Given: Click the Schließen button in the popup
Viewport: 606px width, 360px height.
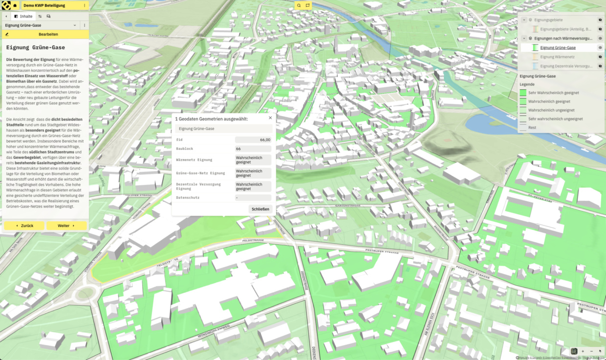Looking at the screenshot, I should click(260, 209).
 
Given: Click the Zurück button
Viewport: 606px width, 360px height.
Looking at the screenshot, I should click(24, 226).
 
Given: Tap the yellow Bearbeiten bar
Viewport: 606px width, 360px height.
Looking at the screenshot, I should click(44, 34).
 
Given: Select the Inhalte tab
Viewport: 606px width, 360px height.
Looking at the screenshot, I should click(23, 16).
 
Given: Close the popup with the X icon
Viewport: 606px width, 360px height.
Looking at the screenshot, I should click(270, 118).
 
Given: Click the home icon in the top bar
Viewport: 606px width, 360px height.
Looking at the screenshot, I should click(15, 5).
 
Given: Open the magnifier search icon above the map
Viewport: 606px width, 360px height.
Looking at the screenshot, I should click(299, 5).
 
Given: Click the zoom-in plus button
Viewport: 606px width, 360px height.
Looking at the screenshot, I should click(583, 351).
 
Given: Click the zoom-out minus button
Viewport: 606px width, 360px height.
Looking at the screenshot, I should click(591, 351).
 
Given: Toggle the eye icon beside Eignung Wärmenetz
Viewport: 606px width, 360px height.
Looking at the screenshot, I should click(600, 57).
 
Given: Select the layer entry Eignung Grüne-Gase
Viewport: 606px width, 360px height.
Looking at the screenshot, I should click(558, 48).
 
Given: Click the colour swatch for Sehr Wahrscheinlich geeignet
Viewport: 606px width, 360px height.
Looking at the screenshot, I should click(522, 92).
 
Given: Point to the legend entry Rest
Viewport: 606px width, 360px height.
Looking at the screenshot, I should click(532, 127).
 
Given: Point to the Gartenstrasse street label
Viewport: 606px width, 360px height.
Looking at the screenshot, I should click(347, 206).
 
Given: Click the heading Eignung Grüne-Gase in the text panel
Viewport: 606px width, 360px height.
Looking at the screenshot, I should click(35, 48).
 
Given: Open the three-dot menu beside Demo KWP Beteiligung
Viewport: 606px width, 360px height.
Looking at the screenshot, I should click(85, 5).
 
